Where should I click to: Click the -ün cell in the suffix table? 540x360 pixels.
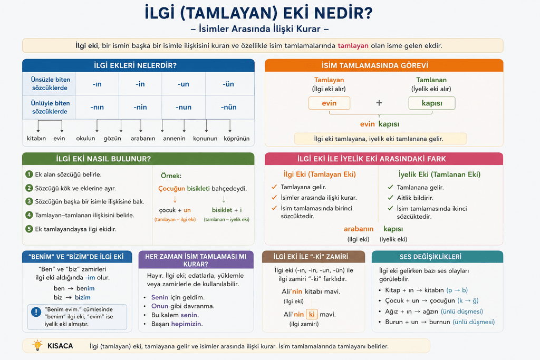[228, 84]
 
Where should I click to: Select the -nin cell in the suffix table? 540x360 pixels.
[140, 107]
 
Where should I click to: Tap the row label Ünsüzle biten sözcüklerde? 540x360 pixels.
[50, 84]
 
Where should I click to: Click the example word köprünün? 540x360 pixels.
[237, 138]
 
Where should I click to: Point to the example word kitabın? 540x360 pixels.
[36, 138]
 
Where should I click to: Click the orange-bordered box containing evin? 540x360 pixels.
[329, 103]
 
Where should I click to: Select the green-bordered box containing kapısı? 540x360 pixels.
[432, 103]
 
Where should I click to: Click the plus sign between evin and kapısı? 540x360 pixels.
[379, 103]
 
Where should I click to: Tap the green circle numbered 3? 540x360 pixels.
[30, 201]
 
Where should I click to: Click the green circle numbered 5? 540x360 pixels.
[30, 229]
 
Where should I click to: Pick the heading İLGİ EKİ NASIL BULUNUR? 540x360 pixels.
[103, 159]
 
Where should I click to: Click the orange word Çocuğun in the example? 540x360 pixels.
[171, 189]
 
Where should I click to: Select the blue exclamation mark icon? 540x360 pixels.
[36, 312]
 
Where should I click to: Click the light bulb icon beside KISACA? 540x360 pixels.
[37, 345]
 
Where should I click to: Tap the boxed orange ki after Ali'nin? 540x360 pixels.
[312, 314]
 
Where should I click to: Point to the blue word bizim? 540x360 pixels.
[83, 297]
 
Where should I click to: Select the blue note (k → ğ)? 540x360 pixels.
[468, 300]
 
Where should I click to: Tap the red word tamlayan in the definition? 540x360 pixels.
[353, 46]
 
